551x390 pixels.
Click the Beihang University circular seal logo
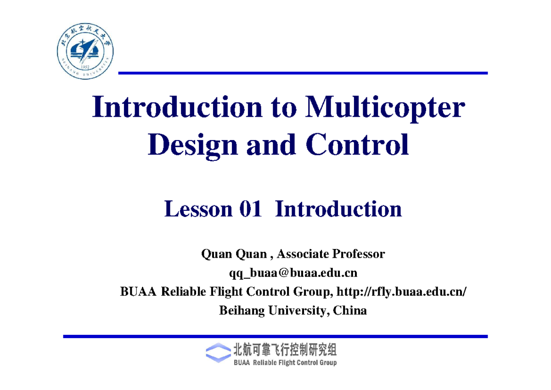click(x=85, y=51)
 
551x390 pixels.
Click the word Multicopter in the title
click(x=385, y=108)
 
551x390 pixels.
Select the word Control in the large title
click(x=357, y=144)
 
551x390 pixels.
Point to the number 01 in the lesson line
click(x=250, y=209)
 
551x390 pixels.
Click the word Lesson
click(x=198, y=209)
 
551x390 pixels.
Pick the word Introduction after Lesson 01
click(x=338, y=209)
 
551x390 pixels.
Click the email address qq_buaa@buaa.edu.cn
click(x=293, y=273)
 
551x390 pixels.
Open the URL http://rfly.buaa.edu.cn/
click(x=401, y=292)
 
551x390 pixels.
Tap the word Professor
click(x=359, y=254)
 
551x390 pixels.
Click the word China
click(x=350, y=311)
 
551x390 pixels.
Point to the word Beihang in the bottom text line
click(x=242, y=311)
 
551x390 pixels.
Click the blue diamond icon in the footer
click(x=218, y=353)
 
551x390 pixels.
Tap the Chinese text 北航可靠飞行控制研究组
click(x=285, y=350)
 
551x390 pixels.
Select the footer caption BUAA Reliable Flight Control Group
click(x=285, y=363)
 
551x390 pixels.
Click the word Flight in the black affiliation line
click(x=226, y=292)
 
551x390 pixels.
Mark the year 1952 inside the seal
click(x=85, y=67)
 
